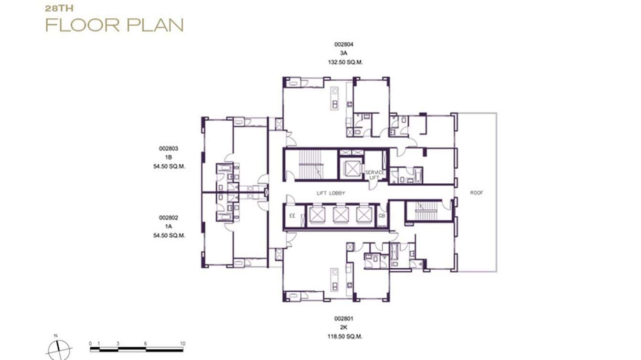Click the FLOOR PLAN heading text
point(114,25)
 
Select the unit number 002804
point(343,44)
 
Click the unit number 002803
point(169,149)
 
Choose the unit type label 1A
point(169,226)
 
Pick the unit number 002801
point(343,318)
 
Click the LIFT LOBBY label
point(331,193)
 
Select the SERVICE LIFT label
point(375,175)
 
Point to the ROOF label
point(476,193)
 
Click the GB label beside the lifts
point(381,216)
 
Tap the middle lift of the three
point(341,215)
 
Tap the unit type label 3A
point(343,53)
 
